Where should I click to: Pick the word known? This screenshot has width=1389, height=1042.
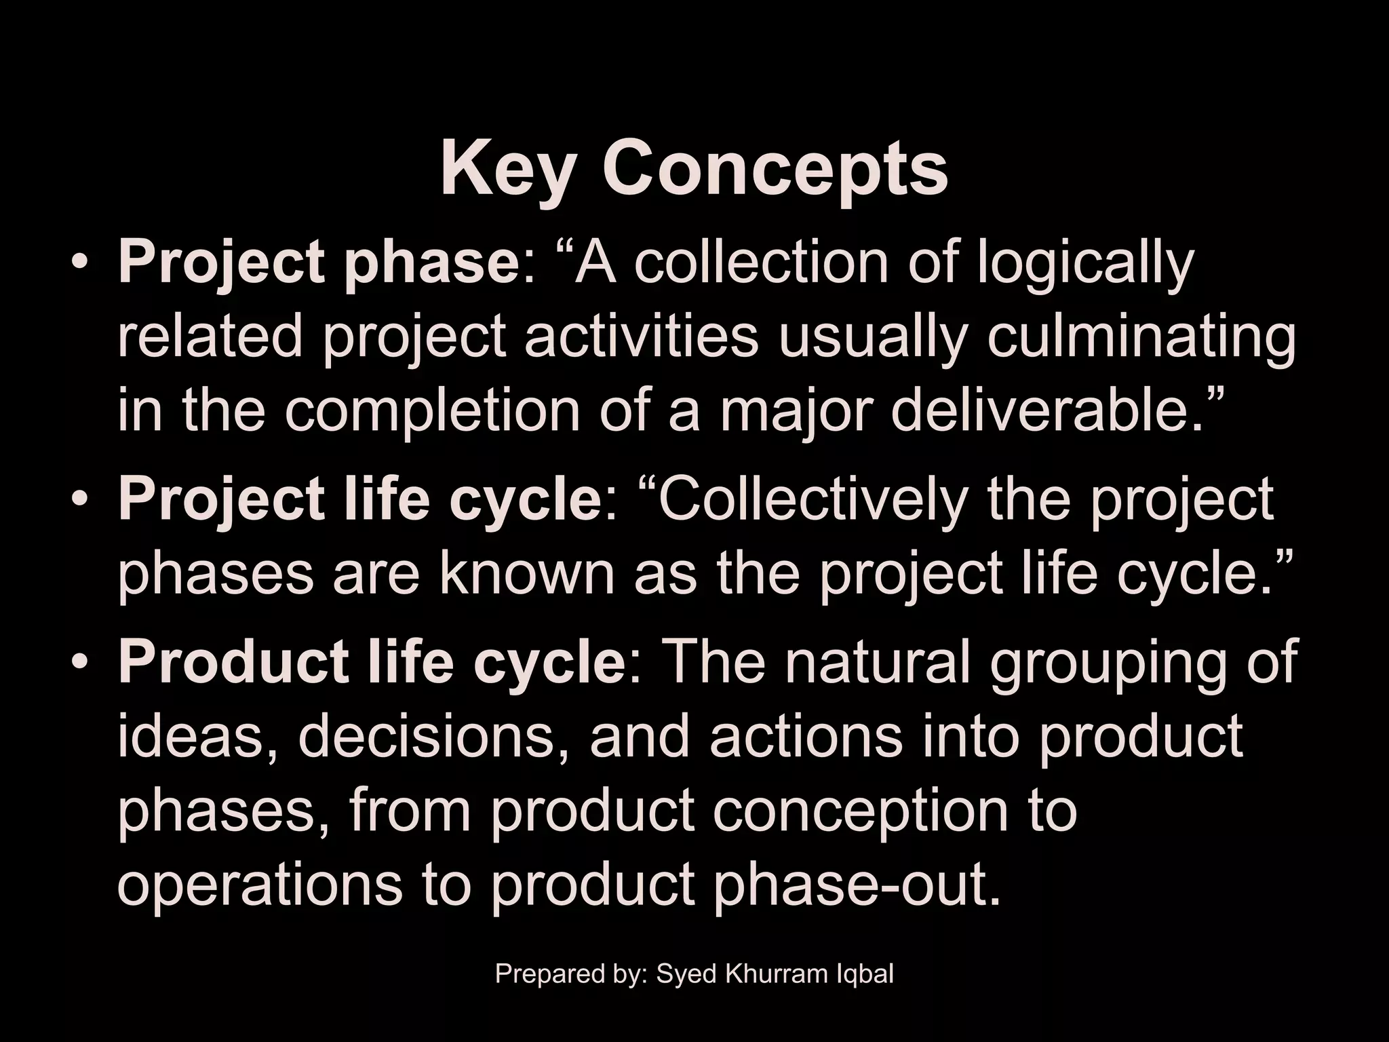pos(526,573)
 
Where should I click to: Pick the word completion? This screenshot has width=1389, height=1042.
pos(431,412)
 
